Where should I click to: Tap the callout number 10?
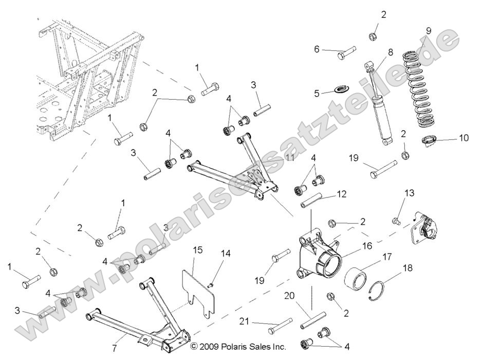pos(464,138)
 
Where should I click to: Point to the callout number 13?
pos(409,193)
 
